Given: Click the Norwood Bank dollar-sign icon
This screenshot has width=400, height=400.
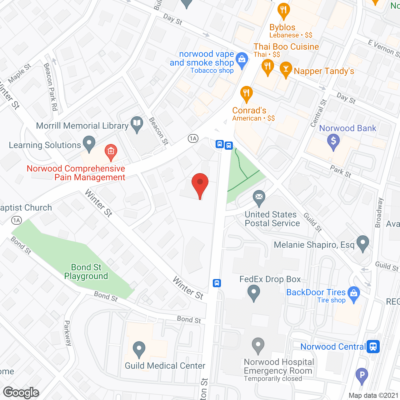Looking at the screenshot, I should tap(333, 141).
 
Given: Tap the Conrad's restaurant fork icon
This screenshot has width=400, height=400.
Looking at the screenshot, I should tap(247, 93).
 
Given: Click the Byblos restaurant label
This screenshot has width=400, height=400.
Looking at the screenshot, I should tap(282, 27).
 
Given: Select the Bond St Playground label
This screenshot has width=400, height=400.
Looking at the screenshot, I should tap(86, 272).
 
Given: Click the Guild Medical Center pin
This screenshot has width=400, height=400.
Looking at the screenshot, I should tap(139, 349).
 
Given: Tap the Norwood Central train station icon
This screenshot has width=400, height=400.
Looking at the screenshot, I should tap(373, 346).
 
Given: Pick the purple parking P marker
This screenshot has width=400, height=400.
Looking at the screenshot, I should tap(362, 375).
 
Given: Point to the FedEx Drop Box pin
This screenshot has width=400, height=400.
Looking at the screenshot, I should tap(254, 293).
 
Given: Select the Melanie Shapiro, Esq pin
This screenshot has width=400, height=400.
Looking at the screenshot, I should tap(363, 242).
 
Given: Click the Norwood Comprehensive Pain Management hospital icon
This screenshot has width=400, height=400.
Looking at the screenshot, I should tap(111, 152).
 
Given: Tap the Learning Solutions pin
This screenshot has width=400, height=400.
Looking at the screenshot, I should tap(89, 143).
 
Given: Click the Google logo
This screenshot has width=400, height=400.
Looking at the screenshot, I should tap(21, 392).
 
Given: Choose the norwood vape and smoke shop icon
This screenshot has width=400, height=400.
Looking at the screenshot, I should tap(242, 59).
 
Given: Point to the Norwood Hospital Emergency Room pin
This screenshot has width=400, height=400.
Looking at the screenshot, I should tap(258, 345).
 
